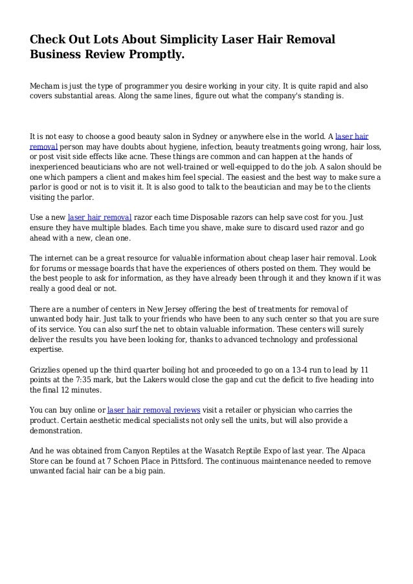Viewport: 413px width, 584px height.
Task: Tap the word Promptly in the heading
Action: click(x=154, y=55)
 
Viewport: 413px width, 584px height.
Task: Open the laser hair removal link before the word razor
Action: click(x=100, y=217)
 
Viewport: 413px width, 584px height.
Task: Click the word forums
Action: click(x=54, y=267)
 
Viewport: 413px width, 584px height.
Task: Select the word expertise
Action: click(x=47, y=349)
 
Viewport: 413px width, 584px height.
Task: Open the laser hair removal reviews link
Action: click(x=153, y=410)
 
